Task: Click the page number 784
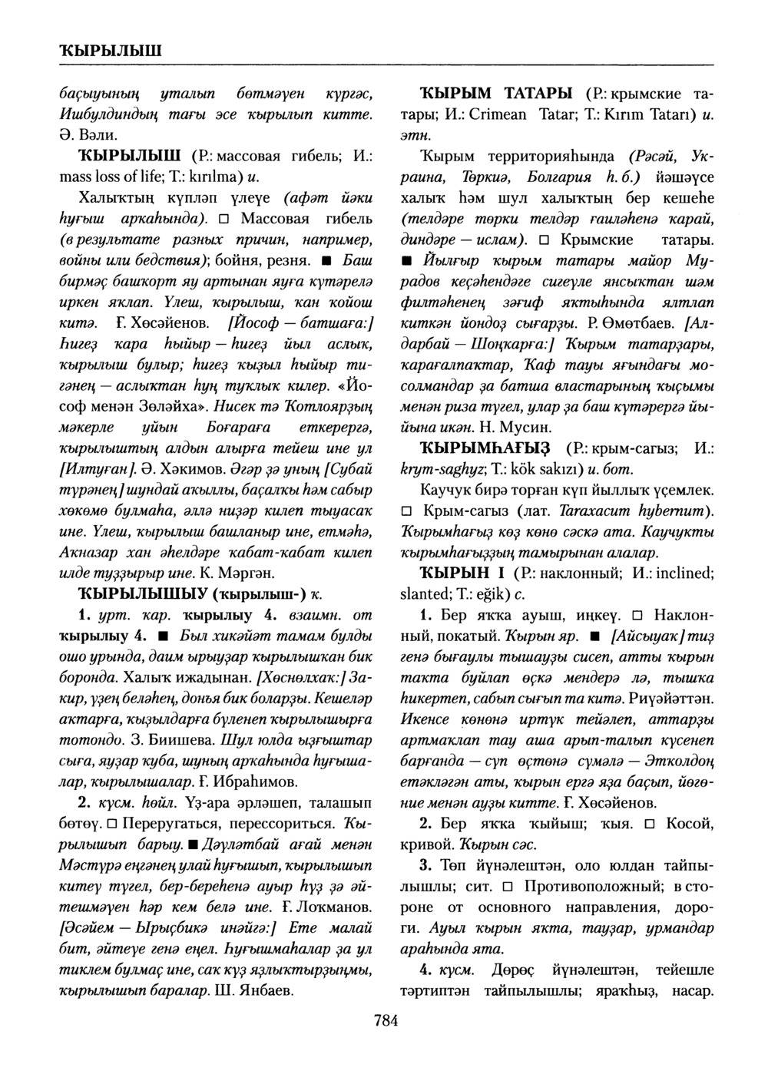click(384, 1021)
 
